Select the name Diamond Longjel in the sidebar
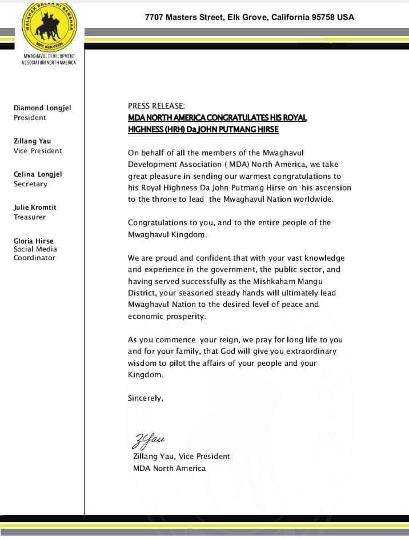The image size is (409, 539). coord(42,108)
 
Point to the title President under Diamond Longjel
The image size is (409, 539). coord(30,118)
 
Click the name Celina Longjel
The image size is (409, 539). coord(38,174)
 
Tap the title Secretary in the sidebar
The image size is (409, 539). coord(30,184)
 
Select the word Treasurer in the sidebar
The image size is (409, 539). coord(30,217)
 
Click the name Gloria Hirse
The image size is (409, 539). coord(34,241)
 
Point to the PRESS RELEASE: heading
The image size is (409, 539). coord(157,106)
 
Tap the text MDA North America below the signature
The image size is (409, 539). coord(169,468)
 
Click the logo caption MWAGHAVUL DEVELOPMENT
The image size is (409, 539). coord(49,56)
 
